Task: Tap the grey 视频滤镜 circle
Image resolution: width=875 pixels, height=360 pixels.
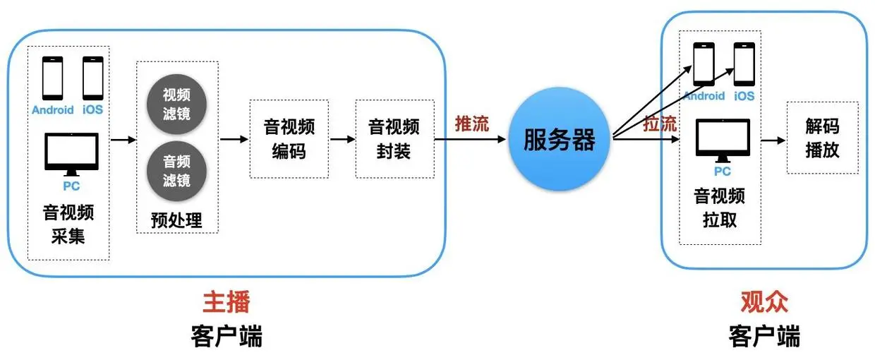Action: [x=176, y=104]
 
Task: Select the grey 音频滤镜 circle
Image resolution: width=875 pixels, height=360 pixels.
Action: [x=176, y=171]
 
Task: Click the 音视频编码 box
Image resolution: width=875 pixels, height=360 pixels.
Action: [x=289, y=138]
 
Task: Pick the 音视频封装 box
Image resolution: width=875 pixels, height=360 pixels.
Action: [x=394, y=138]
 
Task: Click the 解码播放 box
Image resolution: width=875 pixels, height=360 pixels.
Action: [x=822, y=138]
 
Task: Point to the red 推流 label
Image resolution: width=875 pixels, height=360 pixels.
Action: [x=471, y=124]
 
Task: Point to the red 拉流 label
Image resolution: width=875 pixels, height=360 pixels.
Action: [x=660, y=124]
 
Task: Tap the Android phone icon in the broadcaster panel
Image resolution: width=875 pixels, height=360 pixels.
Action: [x=52, y=78]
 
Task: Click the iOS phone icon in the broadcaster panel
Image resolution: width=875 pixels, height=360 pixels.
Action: [x=93, y=78]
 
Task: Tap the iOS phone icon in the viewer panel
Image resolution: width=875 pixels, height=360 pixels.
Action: [x=744, y=64]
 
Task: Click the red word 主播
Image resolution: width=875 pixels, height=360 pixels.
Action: [x=226, y=302]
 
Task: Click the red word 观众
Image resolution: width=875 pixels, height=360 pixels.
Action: [x=764, y=302]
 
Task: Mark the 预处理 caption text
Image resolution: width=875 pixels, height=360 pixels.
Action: [x=176, y=220]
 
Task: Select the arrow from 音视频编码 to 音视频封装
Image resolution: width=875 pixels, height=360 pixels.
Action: [x=342, y=139]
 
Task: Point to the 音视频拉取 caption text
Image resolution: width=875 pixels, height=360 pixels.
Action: [x=720, y=207]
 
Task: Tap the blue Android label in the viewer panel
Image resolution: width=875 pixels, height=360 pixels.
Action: [x=704, y=96]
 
